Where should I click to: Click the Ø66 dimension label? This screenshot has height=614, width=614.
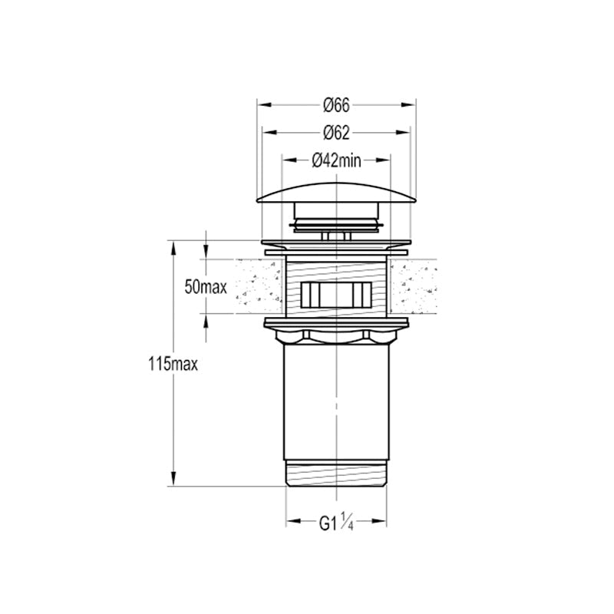(x=336, y=105)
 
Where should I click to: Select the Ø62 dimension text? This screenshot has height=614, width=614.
(x=336, y=133)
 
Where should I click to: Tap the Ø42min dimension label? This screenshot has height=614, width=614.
(x=336, y=160)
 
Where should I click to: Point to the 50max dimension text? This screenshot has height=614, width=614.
(x=206, y=288)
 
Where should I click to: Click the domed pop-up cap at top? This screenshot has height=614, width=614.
(x=336, y=194)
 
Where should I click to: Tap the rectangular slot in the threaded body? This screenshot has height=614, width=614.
(x=336, y=295)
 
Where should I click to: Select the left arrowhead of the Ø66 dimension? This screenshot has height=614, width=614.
(x=264, y=105)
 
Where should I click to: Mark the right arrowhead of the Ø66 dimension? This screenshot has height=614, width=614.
(x=408, y=105)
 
